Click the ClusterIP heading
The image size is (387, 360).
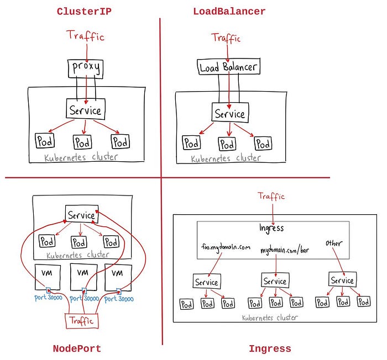point(84,11)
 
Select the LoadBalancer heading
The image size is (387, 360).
point(229,11)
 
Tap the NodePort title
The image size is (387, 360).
point(77,348)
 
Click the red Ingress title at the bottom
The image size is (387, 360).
point(270,348)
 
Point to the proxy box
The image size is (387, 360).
point(85,68)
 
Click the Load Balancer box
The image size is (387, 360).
point(228,67)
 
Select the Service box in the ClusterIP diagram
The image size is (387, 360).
point(85,110)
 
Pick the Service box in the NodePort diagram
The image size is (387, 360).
point(81,214)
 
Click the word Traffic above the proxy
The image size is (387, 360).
point(86,37)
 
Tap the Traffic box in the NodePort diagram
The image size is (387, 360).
point(81,320)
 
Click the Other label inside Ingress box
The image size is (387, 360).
point(334,243)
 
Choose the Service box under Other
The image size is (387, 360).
point(342,280)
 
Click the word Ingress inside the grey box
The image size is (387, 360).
point(271,228)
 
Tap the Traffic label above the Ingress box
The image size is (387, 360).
point(271,196)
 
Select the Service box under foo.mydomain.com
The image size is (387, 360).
point(207,282)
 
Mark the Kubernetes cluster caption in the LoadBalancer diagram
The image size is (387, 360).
point(226,158)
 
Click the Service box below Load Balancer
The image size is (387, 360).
point(229,114)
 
